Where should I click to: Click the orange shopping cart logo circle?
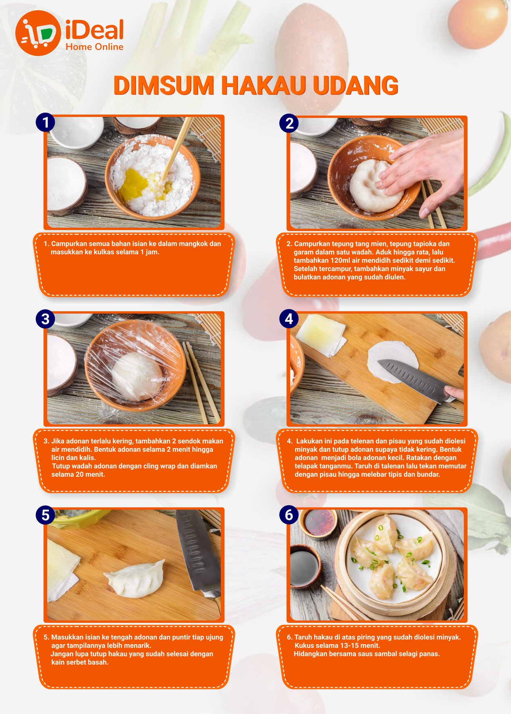(38, 33)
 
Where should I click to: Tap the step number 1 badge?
(45, 122)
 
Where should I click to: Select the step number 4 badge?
(289, 319)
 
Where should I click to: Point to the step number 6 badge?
(289, 515)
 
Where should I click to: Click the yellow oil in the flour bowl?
(134, 185)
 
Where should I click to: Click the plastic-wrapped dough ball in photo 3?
(137, 376)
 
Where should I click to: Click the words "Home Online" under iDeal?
(94, 47)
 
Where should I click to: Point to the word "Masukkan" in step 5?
(65, 637)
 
